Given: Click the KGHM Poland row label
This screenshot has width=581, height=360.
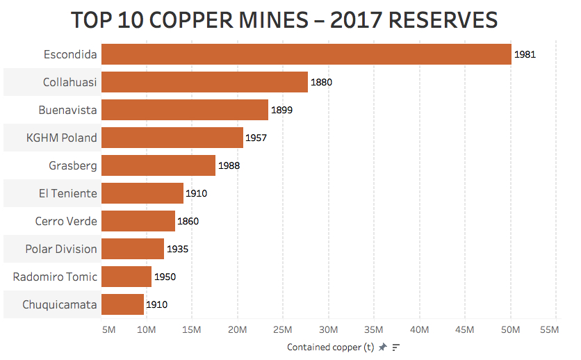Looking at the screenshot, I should click(62, 138).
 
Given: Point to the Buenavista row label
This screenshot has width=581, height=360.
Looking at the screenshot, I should click(67, 110).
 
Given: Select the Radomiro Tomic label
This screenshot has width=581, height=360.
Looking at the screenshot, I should click(55, 277).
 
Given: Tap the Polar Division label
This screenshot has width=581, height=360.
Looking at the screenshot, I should click(61, 249).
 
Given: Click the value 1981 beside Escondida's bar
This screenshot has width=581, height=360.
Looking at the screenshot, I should click(525, 54).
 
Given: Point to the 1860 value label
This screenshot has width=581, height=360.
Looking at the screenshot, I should click(188, 221).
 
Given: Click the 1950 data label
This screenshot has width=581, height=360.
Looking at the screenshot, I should click(165, 277).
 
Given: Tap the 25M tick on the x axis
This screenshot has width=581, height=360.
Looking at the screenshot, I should click(284, 329).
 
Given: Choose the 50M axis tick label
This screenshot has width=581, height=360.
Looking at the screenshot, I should click(511, 329).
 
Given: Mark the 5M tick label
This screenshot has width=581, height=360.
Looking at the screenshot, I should click(108, 329).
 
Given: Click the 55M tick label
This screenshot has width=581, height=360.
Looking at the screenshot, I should click(548, 329).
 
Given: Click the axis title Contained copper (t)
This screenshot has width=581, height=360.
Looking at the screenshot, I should click(330, 347).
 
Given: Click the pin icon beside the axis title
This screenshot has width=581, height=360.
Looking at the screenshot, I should click(382, 347).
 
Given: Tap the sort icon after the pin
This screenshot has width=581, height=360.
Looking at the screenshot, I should click(396, 347).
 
